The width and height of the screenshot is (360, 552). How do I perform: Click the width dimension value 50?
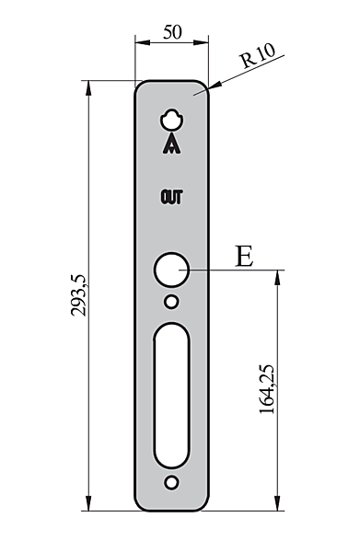tap(172, 32)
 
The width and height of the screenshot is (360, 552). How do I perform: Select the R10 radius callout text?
tap(258, 55)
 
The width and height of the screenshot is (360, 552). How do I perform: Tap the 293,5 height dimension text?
tap(78, 295)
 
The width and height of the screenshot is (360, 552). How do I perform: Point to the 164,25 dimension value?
tap(267, 389)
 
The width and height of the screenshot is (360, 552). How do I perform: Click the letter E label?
tap(244, 256)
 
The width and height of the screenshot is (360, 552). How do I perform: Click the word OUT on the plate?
tap(172, 197)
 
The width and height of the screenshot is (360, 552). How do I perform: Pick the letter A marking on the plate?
tap(171, 144)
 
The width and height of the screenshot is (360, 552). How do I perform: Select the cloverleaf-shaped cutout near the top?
tap(171, 120)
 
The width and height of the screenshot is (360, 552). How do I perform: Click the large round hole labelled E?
tap(171, 270)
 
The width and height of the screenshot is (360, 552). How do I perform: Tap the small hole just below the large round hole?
tap(171, 302)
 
